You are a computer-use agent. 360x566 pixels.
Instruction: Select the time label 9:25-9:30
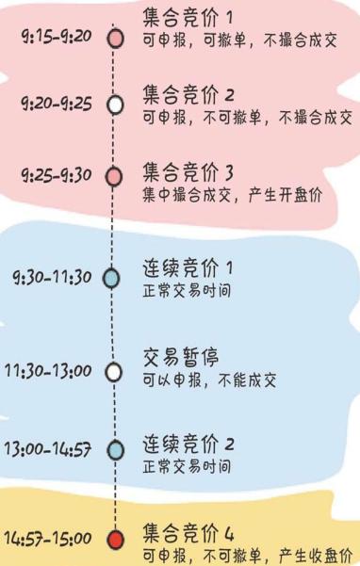coord(57,176)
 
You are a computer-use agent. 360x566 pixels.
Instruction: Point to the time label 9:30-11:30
coord(52,277)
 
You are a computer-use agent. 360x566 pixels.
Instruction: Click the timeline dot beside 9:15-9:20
coord(115,39)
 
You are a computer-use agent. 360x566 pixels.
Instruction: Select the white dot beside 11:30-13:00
coord(114,372)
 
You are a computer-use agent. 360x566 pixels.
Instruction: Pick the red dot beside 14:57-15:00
coord(115,540)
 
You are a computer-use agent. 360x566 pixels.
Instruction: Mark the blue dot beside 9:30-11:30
coord(112,278)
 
